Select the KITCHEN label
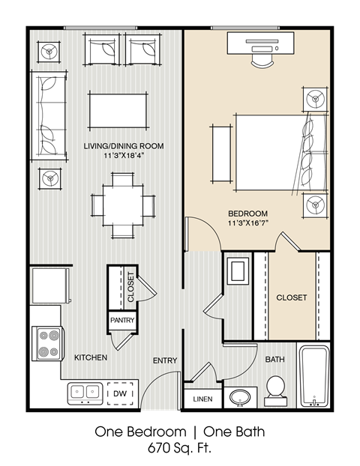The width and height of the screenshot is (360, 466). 91,358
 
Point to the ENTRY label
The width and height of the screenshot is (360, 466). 165,360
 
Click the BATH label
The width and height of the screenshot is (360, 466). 274,360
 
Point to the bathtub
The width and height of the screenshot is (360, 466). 314,376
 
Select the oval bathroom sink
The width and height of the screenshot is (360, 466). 241,397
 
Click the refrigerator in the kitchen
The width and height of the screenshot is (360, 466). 49,285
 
